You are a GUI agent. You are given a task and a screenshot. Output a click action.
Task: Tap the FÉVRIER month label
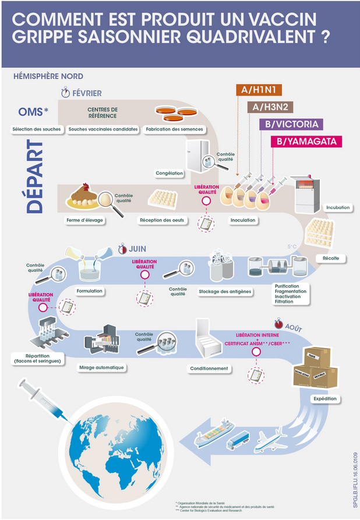[x=87, y=93]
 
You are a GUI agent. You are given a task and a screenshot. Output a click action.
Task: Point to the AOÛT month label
[x=294, y=328]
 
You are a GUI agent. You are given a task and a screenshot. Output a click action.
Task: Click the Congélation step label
[x=170, y=173]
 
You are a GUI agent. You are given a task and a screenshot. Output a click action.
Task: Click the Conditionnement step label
[x=209, y=368]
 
